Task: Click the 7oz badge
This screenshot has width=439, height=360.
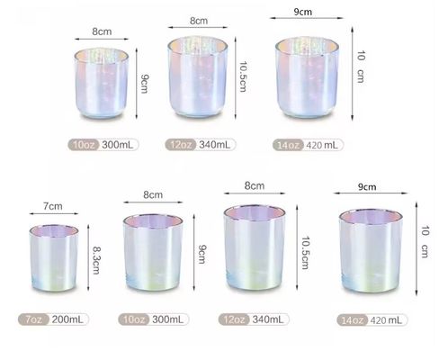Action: pos(32,320)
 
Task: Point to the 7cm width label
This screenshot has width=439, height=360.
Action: pos(53,207)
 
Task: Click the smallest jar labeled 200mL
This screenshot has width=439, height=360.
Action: pos(54,266)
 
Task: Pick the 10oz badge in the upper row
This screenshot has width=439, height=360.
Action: pos(85,144)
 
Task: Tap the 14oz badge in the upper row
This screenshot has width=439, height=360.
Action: pos(289,144)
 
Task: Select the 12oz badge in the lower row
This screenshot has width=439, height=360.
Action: pos(236,320)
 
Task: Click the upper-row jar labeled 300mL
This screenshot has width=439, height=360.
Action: pos(102,87)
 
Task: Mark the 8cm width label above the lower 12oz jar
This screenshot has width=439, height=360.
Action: pos(254,185)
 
